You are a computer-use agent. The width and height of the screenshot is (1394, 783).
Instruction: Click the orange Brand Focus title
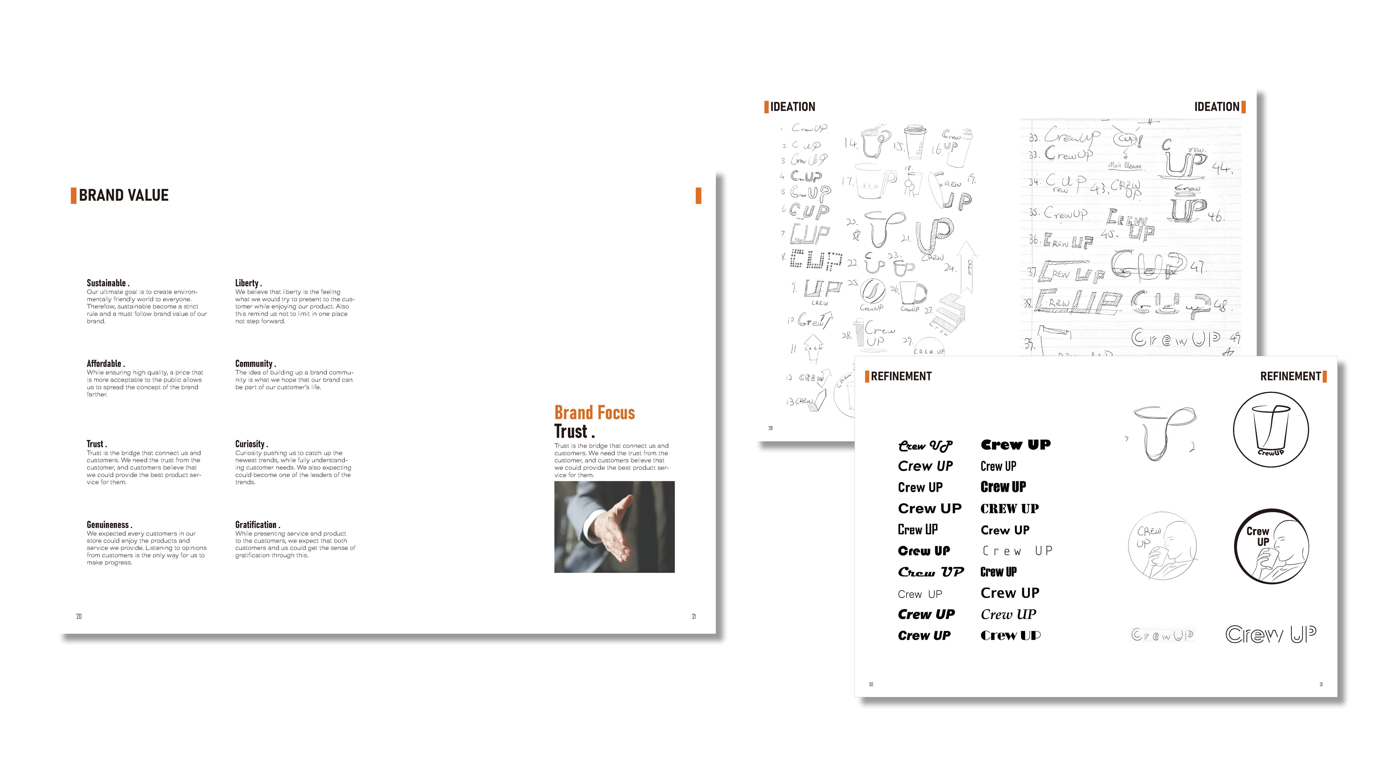(594, 413)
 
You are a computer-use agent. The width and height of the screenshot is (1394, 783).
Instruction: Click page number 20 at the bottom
(79, 616)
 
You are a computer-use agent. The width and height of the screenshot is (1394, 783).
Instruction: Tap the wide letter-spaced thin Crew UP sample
(1017, 551)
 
